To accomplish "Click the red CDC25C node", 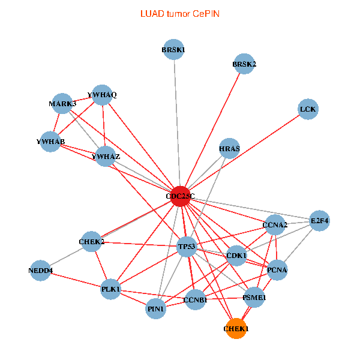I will click(181, 196).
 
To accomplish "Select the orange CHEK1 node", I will click(236, 329).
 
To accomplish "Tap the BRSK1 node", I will click(173, 50).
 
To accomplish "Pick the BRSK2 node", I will click(244, 64).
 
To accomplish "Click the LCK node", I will click(308, 109).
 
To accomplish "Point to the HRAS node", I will click(230, 148).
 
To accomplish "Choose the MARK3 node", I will click(62, 104).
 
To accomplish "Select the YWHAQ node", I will click(102, 95).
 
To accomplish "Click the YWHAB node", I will click(50, 142).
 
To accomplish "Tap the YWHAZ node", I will click(106, 157).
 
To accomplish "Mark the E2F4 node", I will click(319, 221).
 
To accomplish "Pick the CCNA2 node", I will click(275, 225).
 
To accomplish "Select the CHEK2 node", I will click(92, 242).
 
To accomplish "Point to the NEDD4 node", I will click(41, 271).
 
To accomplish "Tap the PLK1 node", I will click(112, 289).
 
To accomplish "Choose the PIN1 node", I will click(156, 309).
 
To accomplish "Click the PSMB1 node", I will click(254, 297).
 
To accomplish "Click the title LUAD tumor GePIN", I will click(180, 13).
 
